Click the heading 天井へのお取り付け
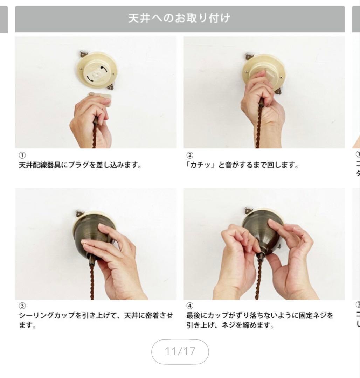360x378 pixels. [180, 19]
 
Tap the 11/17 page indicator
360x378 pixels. [180, 351]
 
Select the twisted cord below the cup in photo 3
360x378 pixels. [92, 283]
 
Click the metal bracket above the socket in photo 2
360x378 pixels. [249, 55]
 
